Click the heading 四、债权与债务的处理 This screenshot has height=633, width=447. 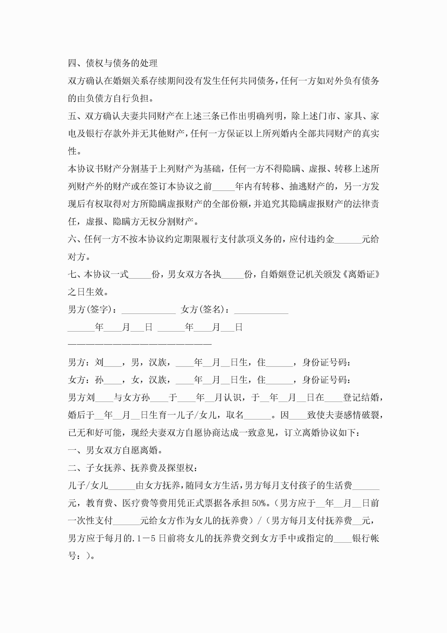[x=113, y=63]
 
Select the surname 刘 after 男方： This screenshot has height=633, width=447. [x=99, y=362]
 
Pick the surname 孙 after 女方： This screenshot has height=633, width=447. [x=99, y=380]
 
